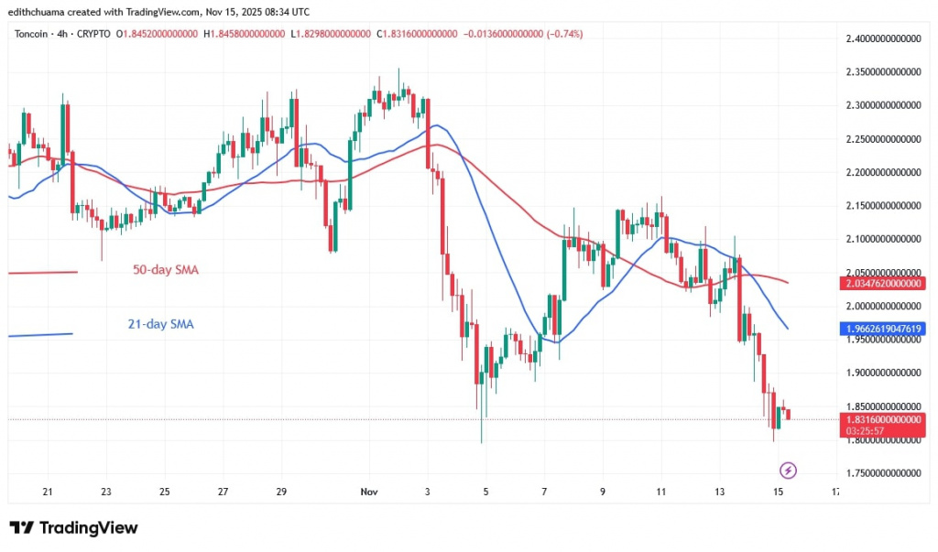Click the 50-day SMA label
166,270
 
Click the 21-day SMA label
161,323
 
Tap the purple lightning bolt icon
787,471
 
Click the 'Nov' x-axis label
369,492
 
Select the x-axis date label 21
48,492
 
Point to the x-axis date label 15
778,492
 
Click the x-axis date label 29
282,492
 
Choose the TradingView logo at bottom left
73,528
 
